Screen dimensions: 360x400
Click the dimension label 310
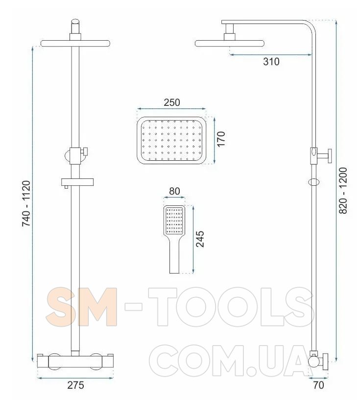click(x=271, y=61)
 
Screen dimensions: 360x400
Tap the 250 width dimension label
click(x=172, y=102)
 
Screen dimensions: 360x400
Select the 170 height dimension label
click(x=221, y=139)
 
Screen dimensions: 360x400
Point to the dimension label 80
click(x=174, y=191)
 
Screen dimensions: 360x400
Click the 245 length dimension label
click(x=200, y=239)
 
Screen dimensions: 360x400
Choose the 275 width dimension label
click(x=75, y=385)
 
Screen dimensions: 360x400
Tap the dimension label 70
click(x=318, y=385)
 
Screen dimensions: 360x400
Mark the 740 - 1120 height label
click(x=26, y=203)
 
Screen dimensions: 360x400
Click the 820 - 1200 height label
click(x=343, y=190)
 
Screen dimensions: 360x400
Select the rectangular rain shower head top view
click(x=171, y=140)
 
